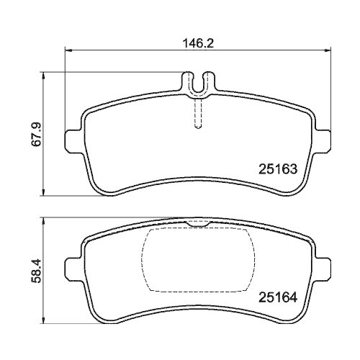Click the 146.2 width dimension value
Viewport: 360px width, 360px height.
pos(198,43)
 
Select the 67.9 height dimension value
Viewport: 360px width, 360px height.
pos(37,135)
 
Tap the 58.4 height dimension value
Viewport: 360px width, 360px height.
pos(37,271)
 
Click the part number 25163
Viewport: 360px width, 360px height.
pos(278,169)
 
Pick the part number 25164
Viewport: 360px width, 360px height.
pos(278,297)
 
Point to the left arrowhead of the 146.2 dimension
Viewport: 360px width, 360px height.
pos(69,50)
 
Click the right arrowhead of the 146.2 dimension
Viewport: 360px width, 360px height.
pos(328,50)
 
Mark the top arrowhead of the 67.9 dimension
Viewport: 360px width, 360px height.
pos(43,76)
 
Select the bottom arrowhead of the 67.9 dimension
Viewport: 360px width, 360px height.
pos(43,192)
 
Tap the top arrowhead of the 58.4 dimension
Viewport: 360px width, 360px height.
pos(43,222)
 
